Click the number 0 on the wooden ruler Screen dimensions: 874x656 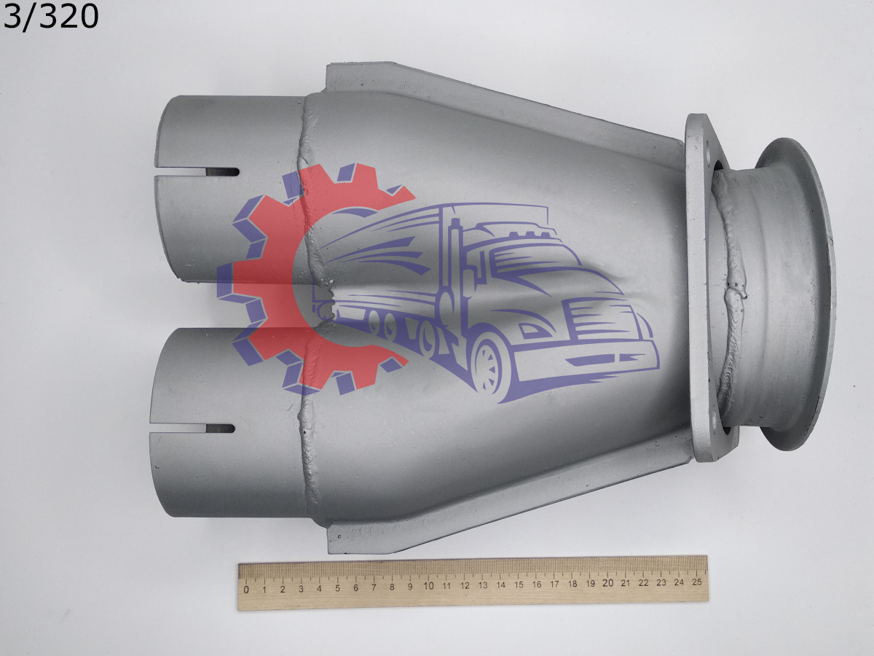point(246,590)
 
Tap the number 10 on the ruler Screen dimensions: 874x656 point(428,586)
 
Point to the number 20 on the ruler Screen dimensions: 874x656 point(608,583)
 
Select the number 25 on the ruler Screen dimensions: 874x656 point(696,582)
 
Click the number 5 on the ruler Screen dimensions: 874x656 point(337,588)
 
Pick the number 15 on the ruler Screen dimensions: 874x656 point(519,585)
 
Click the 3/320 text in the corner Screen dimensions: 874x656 point(50,17)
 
